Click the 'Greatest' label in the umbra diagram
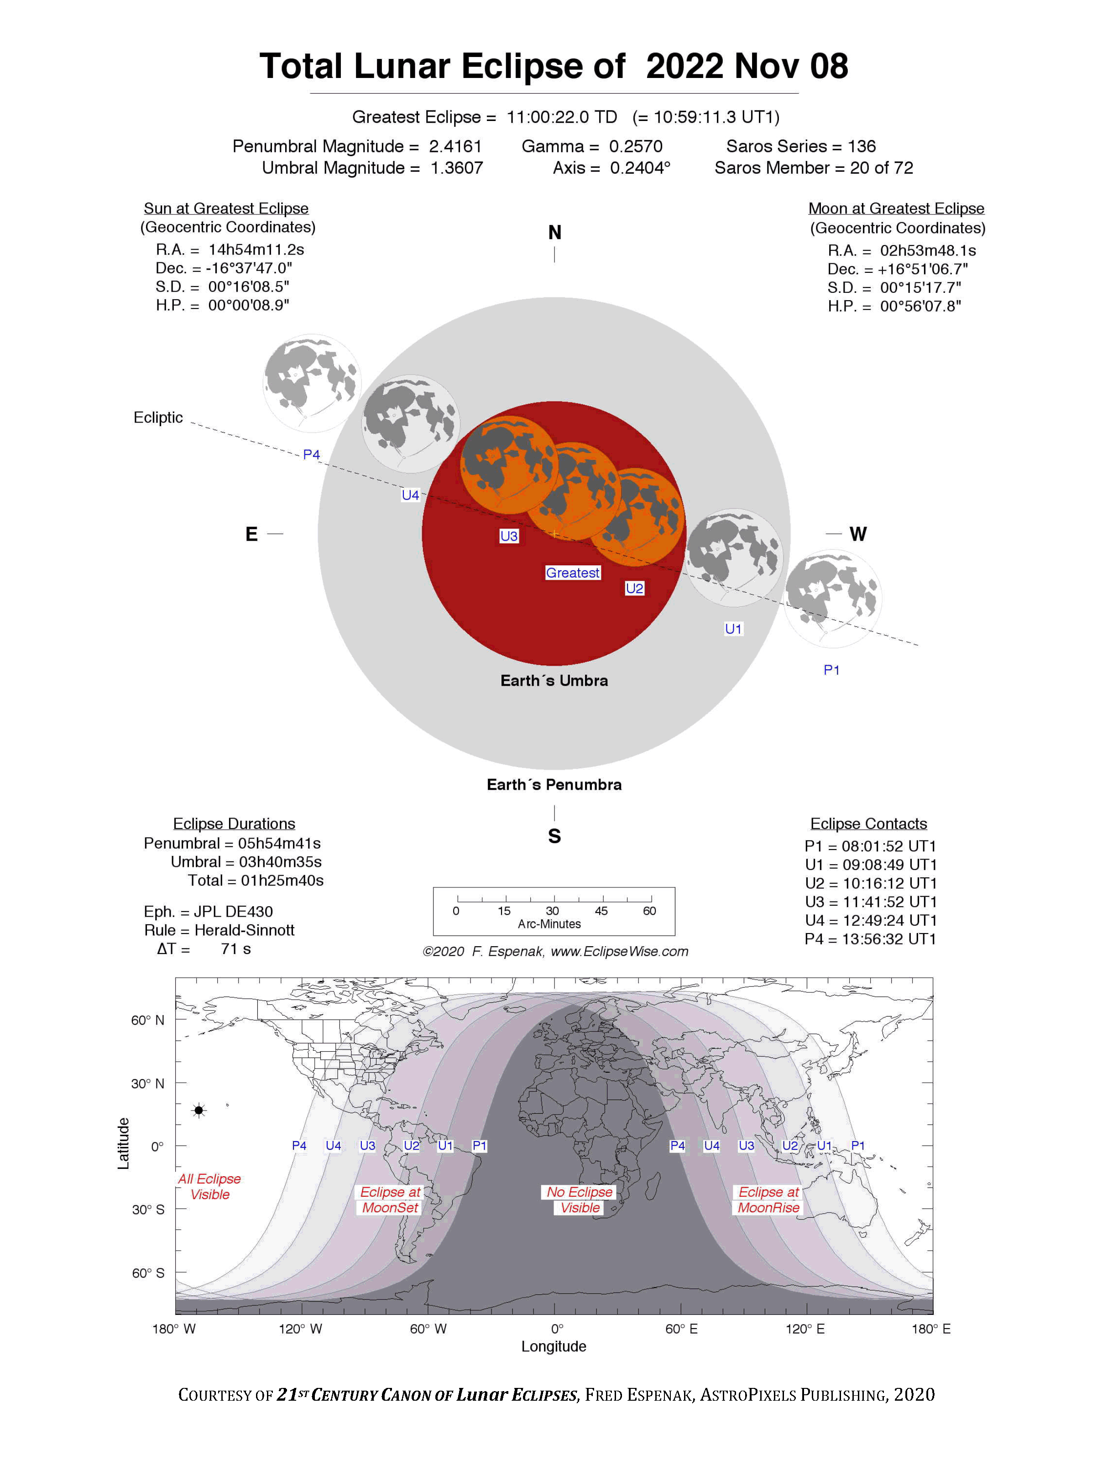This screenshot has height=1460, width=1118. [572, 573]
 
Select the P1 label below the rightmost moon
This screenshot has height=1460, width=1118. [831, 670]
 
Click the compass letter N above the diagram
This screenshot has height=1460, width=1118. [554, 233]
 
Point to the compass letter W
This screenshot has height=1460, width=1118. [858, 534]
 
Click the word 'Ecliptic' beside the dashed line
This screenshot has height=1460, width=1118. [158, 418]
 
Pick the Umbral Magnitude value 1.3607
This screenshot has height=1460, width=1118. [456, 168]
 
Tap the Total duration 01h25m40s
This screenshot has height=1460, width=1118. [282, 881]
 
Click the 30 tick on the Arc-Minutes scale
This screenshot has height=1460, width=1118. [552, 911]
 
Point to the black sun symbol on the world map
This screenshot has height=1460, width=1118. [199, 1110]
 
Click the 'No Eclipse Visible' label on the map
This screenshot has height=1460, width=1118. [580, 1200]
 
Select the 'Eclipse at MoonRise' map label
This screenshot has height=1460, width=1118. [768, 1200]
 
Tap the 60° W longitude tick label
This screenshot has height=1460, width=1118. [428, 1329]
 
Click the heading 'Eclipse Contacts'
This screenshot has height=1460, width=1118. [868, 824]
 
